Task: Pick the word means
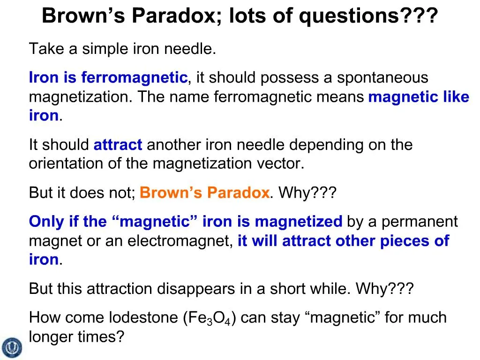tap(346, 97)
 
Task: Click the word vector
tap(283, 164)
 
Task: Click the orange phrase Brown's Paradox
tap(204, 193)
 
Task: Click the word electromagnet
tap(180, 241)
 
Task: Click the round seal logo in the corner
tap(12, 347)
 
